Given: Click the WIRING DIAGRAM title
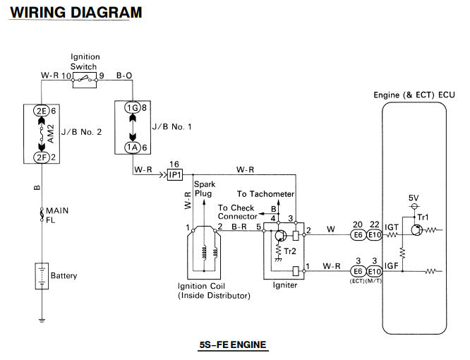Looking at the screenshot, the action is (x=76, y=13).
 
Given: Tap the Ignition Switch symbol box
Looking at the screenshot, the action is (x=85, y=80).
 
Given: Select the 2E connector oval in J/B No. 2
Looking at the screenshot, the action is (x=41, y=111).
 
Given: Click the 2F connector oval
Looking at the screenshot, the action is (x=41, y=157).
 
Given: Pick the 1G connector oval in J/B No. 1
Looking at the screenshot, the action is (x=132, y=107).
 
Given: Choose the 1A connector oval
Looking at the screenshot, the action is (x=132, y=148).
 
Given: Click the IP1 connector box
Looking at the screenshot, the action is (x=175, y=174).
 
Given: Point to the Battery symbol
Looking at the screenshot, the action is (x=42, y=276).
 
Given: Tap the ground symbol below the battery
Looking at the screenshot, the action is (x=42, y=320).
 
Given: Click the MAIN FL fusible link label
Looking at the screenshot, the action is (x=57, y=215).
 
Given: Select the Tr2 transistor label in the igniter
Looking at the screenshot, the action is (x=290, y=251).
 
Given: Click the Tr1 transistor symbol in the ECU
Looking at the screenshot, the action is (x=416, y=230).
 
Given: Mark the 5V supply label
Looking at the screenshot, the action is (x=414, y=198).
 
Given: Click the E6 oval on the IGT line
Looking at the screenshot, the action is (x=358, y=234).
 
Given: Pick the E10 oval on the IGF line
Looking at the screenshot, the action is (x=375, y=272).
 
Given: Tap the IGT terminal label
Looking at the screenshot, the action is (x=392, y=227).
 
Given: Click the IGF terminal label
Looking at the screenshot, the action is (x=392, y=266).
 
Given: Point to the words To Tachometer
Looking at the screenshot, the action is (x=265, y=194).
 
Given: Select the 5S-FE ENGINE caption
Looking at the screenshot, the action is (x=233, y=344).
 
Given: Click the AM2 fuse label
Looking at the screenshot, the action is (x=51, y=133).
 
